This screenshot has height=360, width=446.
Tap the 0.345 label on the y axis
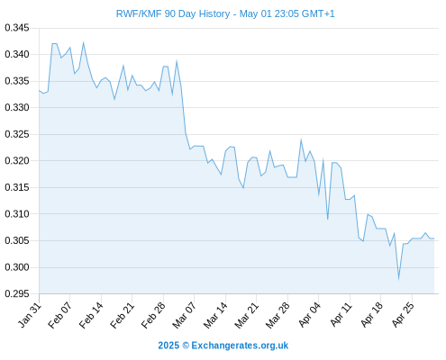click(x=17, y=28)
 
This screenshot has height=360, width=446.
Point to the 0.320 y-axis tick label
click(x=17, y=161)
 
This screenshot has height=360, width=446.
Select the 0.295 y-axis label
click(x=17, y=293)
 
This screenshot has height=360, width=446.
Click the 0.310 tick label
click(x=17, y=214)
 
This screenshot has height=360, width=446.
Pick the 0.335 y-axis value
click(x=17, y=81)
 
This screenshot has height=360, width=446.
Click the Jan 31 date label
click(x=29, y=315)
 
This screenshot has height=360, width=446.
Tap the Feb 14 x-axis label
click(x=91, y=315)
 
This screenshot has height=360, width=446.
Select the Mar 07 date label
click(x=184, y=315)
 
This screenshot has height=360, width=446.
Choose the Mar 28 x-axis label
click(x=278, y=315)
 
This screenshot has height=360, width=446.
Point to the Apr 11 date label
click(x=341, y=315)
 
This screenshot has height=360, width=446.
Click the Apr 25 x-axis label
click(x=403, y=315)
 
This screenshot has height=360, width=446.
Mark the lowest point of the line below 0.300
click(x=398, y=279)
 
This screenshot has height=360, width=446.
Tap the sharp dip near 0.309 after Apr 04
click(x=327, y=219)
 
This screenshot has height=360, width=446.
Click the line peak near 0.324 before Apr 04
click(x=301, y=139)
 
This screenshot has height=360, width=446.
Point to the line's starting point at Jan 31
click(x=39, y=90)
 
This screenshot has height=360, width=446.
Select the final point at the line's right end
click(x=434, y=238)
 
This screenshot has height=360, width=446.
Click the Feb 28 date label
click(x=153, y=315)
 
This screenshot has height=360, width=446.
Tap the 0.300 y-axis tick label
click(x=17, y=267)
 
